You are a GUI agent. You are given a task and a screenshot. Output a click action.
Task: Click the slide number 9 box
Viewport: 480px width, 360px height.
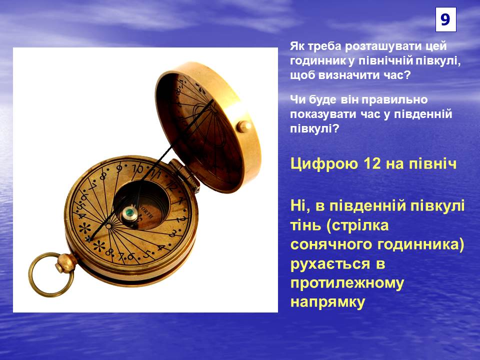tap(445, 19)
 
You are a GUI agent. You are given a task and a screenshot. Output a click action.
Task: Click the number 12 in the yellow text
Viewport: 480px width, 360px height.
tap(372, 164)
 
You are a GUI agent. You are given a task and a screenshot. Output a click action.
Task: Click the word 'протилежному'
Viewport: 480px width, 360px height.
tap(347, 283)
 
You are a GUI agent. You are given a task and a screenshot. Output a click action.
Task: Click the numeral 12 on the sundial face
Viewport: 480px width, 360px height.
tap(171, 185)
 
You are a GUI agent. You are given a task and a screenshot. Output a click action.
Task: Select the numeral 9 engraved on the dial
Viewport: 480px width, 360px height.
tap(119, 168)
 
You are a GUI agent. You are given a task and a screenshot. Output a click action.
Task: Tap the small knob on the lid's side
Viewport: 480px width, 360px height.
tap(244, 126)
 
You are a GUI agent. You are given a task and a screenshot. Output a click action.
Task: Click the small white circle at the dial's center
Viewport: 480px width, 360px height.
tap(108, 226)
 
